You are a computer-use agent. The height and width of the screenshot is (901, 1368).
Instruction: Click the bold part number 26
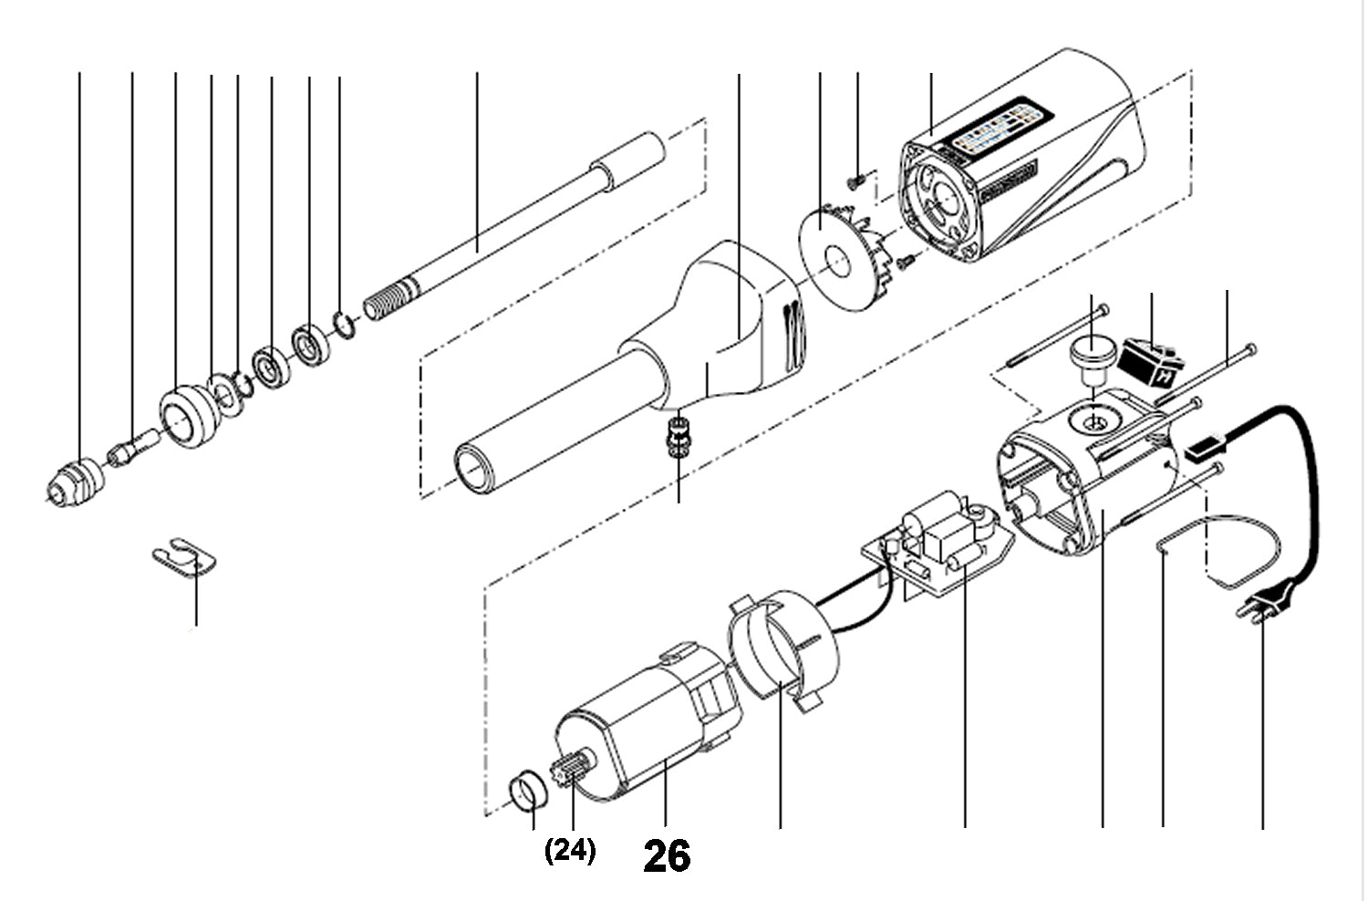667,856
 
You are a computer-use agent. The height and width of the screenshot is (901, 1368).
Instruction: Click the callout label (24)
570,851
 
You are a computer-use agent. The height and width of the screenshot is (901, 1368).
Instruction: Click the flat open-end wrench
185,558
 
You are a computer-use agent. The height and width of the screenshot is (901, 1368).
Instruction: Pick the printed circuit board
939,547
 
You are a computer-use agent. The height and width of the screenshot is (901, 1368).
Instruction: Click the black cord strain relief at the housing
1204,449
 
